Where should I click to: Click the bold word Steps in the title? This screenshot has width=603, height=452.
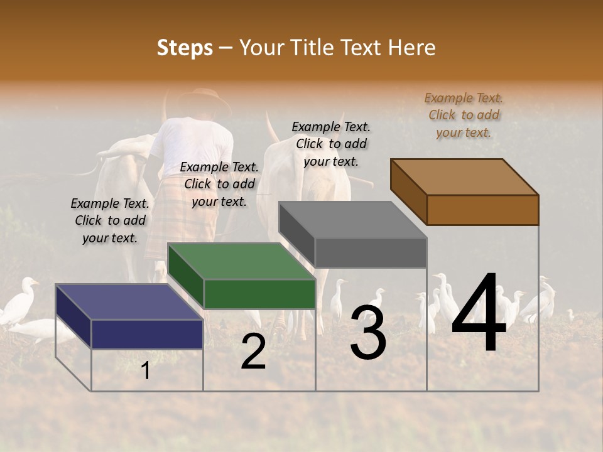click(x=185, y=48)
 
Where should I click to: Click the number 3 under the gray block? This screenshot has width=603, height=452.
click(x=368, y=333)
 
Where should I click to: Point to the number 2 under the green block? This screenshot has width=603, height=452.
click(x=253, y=352)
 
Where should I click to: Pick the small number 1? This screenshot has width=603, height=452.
click(x=146, y=371)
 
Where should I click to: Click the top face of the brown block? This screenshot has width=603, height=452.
click(x=464, y=176)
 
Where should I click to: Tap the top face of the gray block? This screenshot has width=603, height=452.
click(x=352, y=220)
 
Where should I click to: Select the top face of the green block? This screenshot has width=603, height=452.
click(x=241, y=261)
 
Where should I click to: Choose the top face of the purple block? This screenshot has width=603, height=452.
click(x=129, y=302)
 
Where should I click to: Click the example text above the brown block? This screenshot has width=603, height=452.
click(x=464, y=115)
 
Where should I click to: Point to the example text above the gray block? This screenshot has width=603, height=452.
click(x=331, y=144)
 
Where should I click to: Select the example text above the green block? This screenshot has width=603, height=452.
click(x=219, y=184)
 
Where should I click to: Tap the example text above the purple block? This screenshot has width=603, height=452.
click(x=110, y=220)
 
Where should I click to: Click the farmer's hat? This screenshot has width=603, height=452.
click(x=195, y=100)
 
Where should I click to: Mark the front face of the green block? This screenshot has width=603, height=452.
click(x=259, y=294)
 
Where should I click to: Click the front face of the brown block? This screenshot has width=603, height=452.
click(x=482, y=210)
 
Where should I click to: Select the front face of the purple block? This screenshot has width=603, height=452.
click(x=147, y=334)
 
